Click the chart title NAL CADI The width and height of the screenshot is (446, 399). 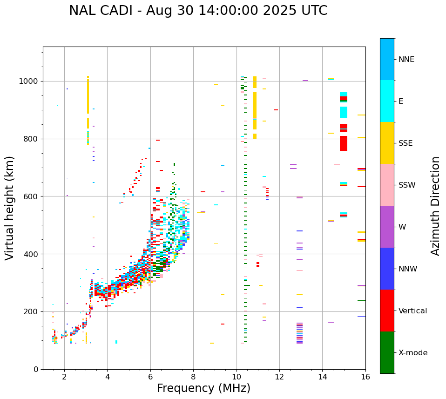tap(198, 11)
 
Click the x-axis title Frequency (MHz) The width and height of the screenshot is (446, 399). tap(203, 388)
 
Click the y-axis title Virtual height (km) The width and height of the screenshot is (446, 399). tap(10, 208)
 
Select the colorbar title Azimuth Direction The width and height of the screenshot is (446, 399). tap(435, 206)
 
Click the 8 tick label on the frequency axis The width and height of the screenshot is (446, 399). tap(194, 377)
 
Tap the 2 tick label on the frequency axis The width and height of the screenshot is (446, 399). tap(64, 377)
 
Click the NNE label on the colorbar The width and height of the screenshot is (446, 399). tap(406, 60)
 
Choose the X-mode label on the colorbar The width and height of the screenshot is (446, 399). tap(412, 353)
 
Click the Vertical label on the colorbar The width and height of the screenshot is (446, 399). tap(412, 311)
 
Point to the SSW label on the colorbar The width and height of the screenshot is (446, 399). tap(406, 185)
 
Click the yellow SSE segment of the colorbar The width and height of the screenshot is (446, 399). tap(387, 143)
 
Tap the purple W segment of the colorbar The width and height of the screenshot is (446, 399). tap(387, 227)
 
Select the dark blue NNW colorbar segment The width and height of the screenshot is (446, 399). tap(387, 269)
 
